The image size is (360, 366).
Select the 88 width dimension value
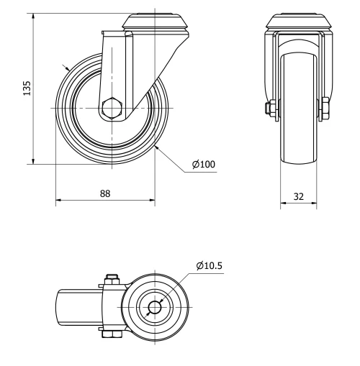pos(105,193)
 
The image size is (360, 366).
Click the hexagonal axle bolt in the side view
pos(113,108)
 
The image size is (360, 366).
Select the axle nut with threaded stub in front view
pos(268,109)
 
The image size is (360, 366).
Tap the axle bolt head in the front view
pos(325,109)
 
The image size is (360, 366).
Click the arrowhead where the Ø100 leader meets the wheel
pos(156,147)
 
